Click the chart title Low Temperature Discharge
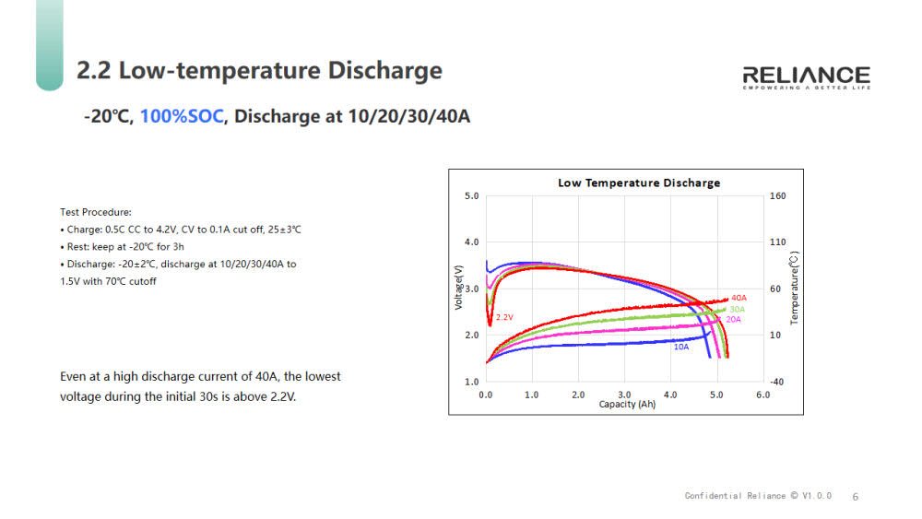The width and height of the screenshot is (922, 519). (639, 183)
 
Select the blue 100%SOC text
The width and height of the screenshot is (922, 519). (182, 117)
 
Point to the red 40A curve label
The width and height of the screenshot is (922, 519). (739, 298)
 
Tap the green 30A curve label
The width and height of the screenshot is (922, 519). (737, 309)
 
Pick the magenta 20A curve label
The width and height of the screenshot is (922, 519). (733, 319)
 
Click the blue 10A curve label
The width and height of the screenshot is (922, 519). (680, 347)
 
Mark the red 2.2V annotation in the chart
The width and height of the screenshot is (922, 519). (503, 317)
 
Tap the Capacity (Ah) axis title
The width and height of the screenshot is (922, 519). (627, 404)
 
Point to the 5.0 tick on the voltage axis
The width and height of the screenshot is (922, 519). (471, 196)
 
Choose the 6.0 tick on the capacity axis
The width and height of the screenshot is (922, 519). (762, 395)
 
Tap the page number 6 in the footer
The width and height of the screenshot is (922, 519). (855, 497)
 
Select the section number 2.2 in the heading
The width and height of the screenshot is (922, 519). (94, 71)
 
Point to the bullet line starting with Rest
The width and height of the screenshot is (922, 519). (122, 246)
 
